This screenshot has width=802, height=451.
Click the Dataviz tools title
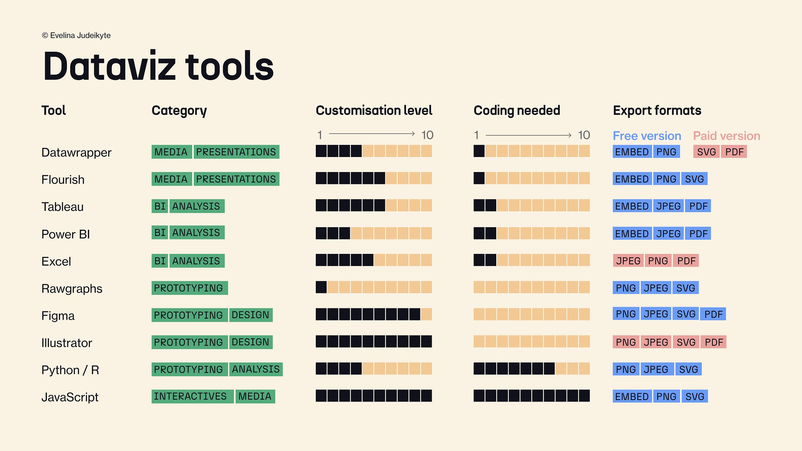(x=158, y=66)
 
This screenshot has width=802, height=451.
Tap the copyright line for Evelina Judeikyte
(x=76, y=35)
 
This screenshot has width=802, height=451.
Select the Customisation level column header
(x=374, y=111)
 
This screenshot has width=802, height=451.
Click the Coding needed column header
(x=517, y=111)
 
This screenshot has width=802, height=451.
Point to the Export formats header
(x=657, y=111)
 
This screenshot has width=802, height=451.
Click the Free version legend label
(x=647, y=136)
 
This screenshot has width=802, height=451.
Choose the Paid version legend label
(x=726, y=136)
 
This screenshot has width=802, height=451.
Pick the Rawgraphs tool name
(x=72, y=289)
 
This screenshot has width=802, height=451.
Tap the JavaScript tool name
(x=70, y=397)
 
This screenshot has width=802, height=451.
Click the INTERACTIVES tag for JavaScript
(x=190, y=397)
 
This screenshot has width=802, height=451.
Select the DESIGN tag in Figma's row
(x=250, y=315)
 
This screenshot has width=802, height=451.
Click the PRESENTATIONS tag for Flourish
(x=236, y=179)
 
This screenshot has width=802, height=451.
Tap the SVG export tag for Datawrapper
(x=706, y=152)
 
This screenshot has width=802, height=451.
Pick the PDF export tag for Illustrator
(x=714, y=342)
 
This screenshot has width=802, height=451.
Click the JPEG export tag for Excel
(x=628, y=261)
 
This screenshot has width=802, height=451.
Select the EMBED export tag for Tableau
(x=632, y=206)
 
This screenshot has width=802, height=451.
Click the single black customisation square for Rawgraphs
(x=321, y=287)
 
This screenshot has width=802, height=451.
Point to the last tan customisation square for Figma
(x=426, y=314)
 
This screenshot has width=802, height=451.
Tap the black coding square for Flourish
(x=479, y=178)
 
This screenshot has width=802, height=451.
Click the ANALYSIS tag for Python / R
(x=256, y=369)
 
